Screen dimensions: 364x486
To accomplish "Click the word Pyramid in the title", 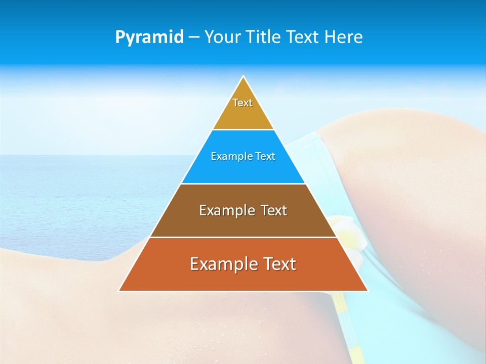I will click(149, 37).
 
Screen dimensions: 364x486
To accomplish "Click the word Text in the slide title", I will click(304, 37).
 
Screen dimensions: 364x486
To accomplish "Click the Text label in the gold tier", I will click(242, 103).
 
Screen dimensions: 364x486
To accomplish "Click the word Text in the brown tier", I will click(274, 210).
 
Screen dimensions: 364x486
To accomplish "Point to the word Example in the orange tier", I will click(223, 264).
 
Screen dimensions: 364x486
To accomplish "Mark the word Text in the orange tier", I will click(279, 264).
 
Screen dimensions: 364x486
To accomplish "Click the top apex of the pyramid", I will click(243, 77).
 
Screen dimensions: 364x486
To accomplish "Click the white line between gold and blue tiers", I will click(243, 130).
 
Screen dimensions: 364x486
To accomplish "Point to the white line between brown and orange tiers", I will click(243, 237).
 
